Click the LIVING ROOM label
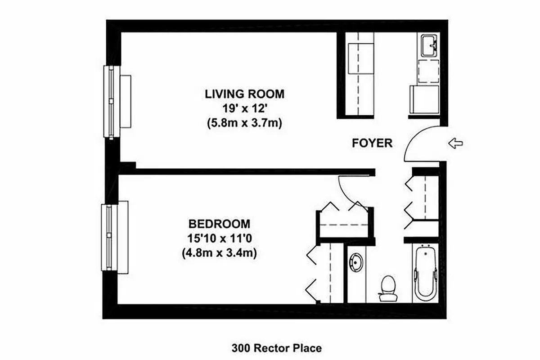click(245, 94)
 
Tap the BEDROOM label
click(219, 224)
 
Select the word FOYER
click(372, 144)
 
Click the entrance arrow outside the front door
click(456, 144)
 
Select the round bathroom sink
click(356, 262)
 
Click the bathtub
click(425, 274)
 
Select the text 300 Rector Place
click(277, 348)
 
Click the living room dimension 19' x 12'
click(245, 108)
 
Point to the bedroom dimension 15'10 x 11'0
click(219, 238)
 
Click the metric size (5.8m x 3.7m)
click(245, 123)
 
